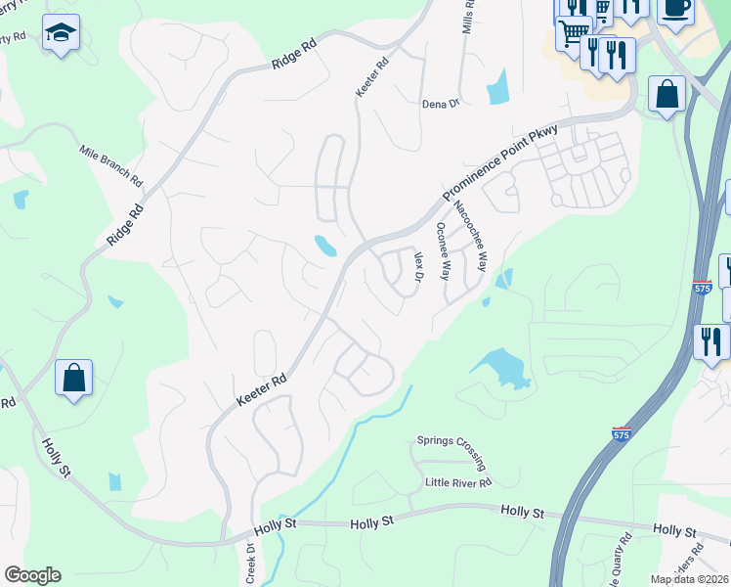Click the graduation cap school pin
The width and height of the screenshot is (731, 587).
pyautogui.click(x=62, y=35)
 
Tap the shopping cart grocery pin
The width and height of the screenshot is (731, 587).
pyautogui.click(x=573, y=32)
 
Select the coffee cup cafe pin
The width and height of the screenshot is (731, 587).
pyautogui.click(x=674, y=8)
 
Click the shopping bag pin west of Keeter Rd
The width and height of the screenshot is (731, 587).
pyautogui.click(x=74, y=378)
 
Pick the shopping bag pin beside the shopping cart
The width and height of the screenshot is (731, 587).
pyautogui.click(x=667, y=96)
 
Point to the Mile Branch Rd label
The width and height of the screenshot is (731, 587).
pyautogui.click(x=111, y=167)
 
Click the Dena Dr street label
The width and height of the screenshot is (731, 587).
pyautogui.click(x=440, y=105)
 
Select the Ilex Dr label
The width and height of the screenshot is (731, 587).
pyautogui.click(x=418, y=267)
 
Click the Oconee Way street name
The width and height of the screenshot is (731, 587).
pyautogui.click(x=443, y=251)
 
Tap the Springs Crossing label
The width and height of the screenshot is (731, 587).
pyautogui.click(x=451, y=440)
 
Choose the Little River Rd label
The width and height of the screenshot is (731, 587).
pyautogui.click(x=457, y=482)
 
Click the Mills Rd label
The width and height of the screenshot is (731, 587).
pyautogui.click(x=468, y=17)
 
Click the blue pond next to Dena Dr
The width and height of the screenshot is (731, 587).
pyautogui.click(x=498, y=87)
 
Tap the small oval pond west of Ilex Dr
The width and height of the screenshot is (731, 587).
pyautogui.click(x=325, y=246)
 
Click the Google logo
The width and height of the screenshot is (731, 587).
pyautogui.click(x=32, y=575)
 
